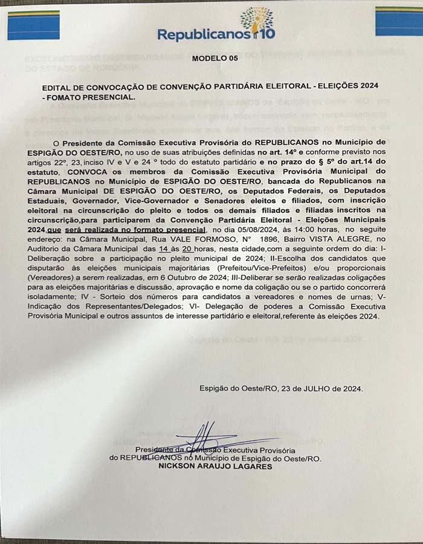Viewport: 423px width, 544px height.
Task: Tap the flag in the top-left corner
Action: [x=33, y=24]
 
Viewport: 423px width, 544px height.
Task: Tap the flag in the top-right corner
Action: [x=398, y=21]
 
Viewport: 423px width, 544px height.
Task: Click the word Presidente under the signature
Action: [x=154, y=450]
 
